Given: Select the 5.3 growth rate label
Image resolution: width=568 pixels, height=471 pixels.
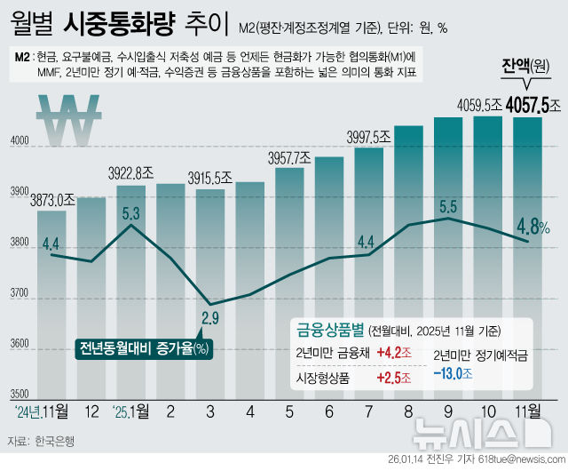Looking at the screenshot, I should [130, 213].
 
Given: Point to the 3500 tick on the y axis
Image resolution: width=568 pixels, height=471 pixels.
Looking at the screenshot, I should [19, 393].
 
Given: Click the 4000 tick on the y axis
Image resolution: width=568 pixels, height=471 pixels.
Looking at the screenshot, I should [19, 142].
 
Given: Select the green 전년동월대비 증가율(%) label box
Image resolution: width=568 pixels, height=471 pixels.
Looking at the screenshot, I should [143, 347].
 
